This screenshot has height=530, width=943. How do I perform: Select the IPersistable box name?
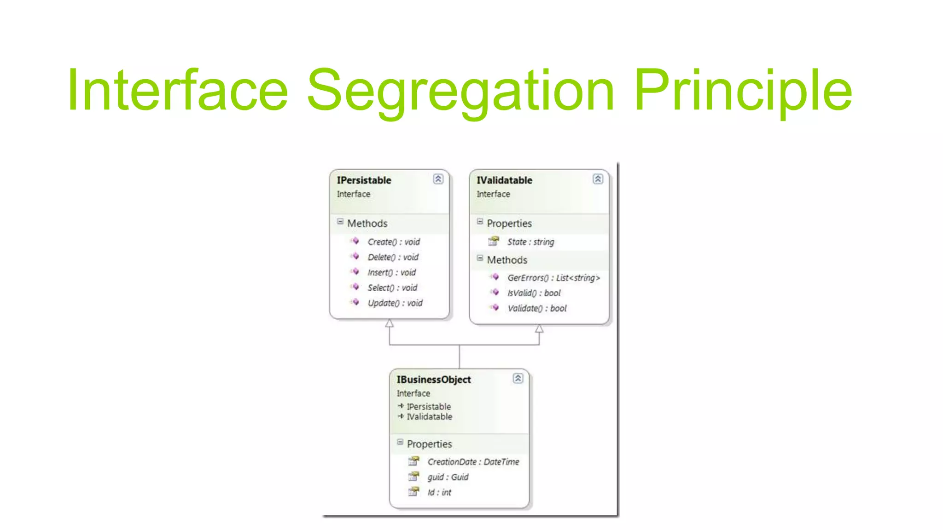point(364,180)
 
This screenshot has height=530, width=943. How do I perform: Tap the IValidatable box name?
point(504,180)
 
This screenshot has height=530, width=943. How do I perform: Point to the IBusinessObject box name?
point(434,380)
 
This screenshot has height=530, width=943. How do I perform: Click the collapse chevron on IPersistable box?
point(438,179)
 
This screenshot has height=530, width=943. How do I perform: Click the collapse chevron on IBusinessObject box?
point(518,378)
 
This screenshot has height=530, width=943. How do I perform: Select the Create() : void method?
point(394,242)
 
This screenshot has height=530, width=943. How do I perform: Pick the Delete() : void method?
point(393,257)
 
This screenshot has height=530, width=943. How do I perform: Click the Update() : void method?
point(395,303)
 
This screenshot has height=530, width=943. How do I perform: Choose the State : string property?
point(530,242)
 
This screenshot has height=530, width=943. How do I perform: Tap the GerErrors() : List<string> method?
point(553,278)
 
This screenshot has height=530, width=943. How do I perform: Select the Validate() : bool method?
point(537,308)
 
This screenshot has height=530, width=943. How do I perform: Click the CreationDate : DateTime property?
point(473,462)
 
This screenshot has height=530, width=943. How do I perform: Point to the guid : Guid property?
point(448,477)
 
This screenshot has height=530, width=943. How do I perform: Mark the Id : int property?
point(439,492)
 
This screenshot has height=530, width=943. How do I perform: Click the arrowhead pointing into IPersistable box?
point(390,323)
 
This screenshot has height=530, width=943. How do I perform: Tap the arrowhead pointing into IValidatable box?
point(539,328)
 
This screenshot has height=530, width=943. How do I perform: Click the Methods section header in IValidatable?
point(507,260)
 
